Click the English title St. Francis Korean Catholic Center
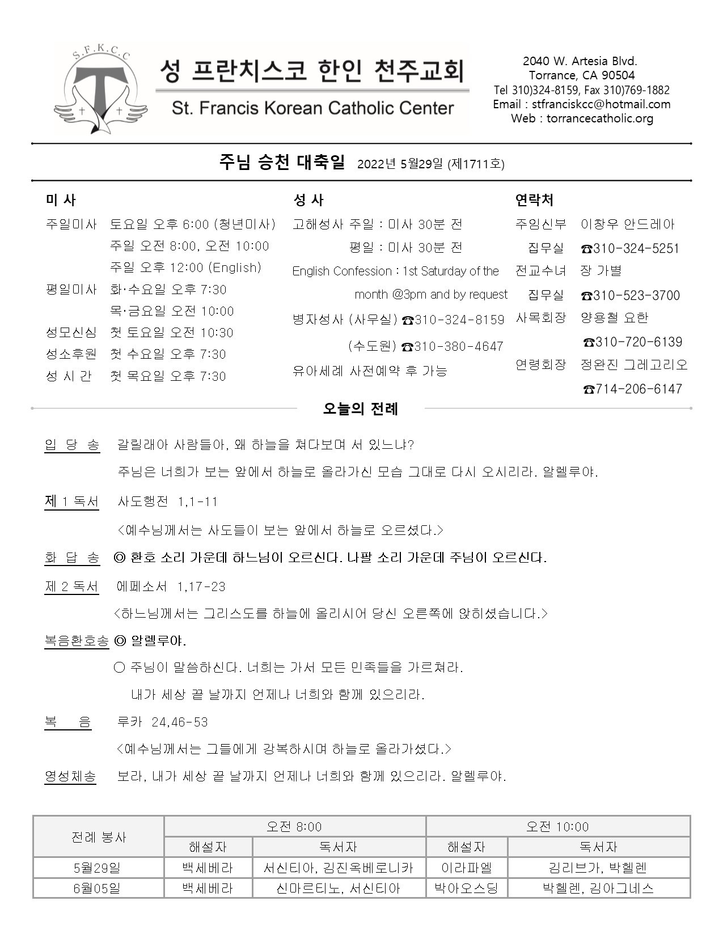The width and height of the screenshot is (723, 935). [x=312, y=108]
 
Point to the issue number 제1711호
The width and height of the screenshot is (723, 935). [x=476, y=164]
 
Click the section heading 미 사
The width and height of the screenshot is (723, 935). [x=60, y=200]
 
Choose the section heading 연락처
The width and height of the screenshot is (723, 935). [x=534, y=200]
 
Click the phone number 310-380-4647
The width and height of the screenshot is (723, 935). [x=453, y=346]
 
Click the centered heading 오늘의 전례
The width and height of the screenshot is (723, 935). [x=360, y=409]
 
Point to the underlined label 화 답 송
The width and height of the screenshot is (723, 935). [x=72, y=558]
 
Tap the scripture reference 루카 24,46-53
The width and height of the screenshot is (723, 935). [x=162, y=722]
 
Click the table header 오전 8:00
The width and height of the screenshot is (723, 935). [x=294, y=826]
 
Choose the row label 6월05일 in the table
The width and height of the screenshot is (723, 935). [x=98, y=888]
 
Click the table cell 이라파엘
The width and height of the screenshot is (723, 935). [x=466, y=868]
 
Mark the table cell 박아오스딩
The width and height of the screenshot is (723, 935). [x=466, y=888]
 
